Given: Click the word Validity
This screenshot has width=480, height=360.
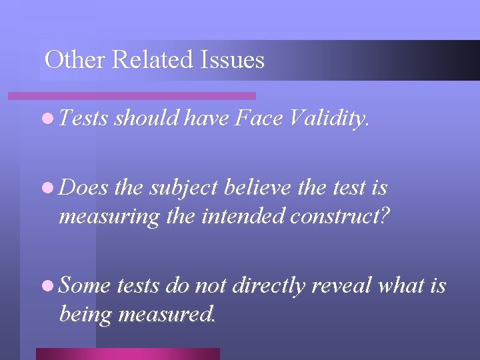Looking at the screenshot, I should point(328,119).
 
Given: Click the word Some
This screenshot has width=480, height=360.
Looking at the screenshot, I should point(85,286).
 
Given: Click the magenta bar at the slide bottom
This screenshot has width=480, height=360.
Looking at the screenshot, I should point(127,353).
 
